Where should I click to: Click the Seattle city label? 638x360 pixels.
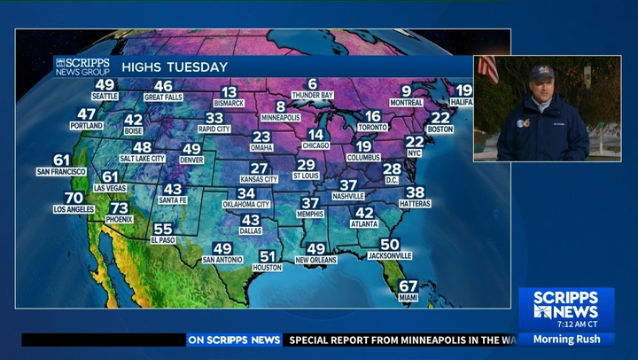105,96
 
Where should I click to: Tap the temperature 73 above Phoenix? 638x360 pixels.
119,207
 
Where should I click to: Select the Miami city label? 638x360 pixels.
408,298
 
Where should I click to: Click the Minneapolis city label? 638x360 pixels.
281,117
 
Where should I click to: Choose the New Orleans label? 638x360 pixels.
316,260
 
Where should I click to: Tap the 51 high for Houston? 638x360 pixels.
267,256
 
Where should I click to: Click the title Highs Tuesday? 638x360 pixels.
175,67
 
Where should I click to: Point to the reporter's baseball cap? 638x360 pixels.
541,72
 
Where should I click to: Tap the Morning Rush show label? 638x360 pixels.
566,339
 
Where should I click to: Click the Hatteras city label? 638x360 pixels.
415,204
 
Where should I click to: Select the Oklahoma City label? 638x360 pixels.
246,205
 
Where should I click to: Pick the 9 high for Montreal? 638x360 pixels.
407,90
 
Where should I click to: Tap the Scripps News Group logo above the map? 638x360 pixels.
82,67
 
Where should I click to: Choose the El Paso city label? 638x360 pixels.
163,240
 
